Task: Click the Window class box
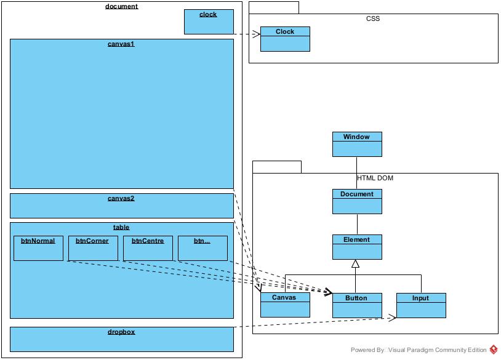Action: pos(357,143)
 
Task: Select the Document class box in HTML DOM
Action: pos(357,201)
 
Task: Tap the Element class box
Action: pos(357,247)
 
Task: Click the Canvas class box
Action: pos(284,305)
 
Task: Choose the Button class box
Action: pos(357,305)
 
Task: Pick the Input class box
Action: pos(421,305)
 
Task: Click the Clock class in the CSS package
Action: pos(285,39)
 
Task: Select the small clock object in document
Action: pos(209,22)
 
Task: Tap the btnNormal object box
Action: pos(38,248)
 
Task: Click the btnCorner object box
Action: pos(93,248)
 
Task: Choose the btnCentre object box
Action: pos(148,248)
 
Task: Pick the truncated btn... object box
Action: pos(202,248)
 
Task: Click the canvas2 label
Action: pos(121,198)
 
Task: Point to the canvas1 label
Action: pos(121,44)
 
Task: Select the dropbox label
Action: pos(121,332)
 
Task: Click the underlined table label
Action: pos(121,227)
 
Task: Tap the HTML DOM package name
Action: pos(375,178)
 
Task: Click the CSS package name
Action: pos(373,18)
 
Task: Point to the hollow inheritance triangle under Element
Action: pos(355,264)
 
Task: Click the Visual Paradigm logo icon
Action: pos(494,350)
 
